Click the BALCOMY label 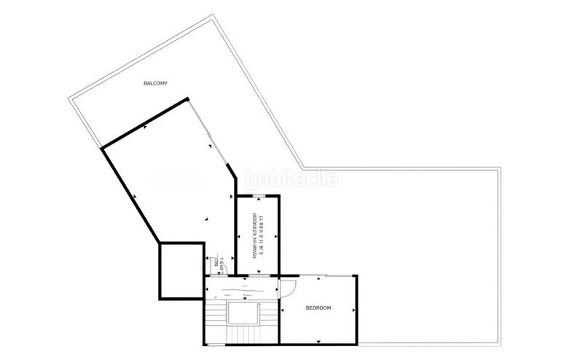156,84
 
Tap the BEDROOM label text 318,308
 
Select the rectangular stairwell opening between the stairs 243,314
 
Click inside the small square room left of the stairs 181,270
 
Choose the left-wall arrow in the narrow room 238,234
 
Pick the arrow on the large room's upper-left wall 145,126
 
